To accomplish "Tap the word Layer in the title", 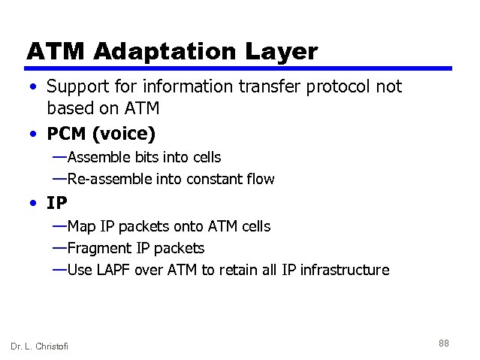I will click(281, 51).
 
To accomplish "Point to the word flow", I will click(260, 179).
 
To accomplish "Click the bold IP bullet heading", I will click(57, 203).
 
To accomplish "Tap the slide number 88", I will click(443, 343).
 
